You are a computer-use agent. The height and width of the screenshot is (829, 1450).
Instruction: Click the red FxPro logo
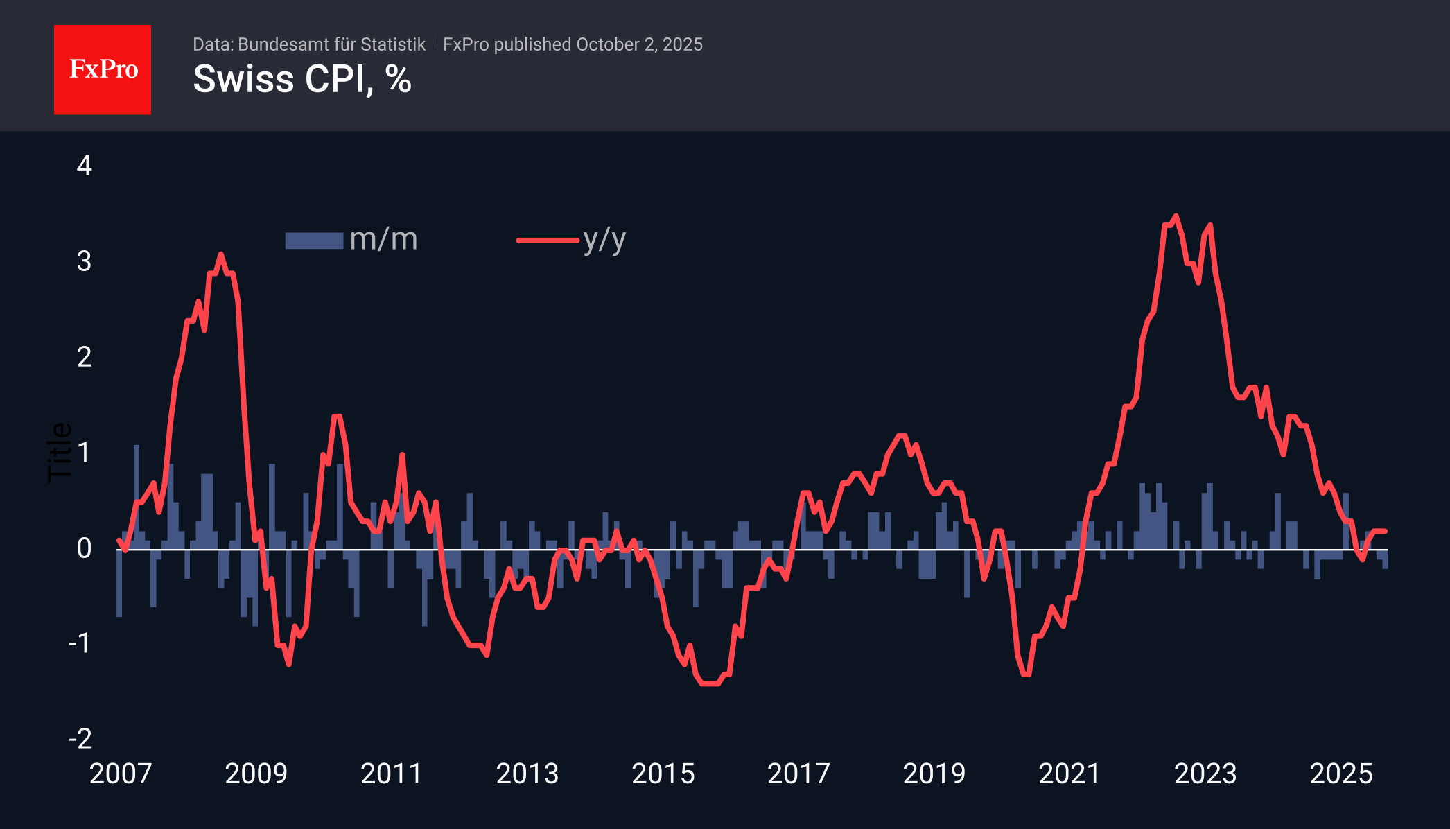[103, 70]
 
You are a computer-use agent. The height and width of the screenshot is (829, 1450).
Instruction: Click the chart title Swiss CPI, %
[302, 79]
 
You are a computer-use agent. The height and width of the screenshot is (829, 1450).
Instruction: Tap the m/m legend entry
[351, 240]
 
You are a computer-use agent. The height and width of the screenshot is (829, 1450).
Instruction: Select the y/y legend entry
[572, 240]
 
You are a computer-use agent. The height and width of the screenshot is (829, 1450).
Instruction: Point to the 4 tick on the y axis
[84, 166]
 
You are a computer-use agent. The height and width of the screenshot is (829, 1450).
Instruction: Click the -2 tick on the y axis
[80, 739]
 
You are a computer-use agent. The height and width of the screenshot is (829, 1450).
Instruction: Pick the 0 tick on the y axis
[84, 548]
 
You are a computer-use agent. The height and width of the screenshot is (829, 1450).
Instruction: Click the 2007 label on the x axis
[121, 774]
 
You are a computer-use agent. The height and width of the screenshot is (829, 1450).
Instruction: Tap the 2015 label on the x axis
[663, 774]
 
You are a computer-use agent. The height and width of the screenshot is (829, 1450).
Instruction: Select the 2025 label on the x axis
[1340, 774]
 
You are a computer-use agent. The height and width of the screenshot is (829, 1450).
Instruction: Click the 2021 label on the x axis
[1069, 774]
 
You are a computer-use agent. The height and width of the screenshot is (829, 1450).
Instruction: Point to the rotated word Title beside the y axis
[60, 452]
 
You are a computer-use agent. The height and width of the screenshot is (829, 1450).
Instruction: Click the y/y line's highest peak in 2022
[1176, 216]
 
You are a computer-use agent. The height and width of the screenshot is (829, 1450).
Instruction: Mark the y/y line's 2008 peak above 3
[221, 254]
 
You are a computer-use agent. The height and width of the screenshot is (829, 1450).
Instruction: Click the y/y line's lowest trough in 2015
[710, 683]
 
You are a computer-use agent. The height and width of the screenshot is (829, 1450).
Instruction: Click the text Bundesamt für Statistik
[331, 44]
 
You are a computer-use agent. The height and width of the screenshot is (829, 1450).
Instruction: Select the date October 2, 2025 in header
[639, 44]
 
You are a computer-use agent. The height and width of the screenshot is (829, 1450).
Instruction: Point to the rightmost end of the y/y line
[1385, 531]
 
